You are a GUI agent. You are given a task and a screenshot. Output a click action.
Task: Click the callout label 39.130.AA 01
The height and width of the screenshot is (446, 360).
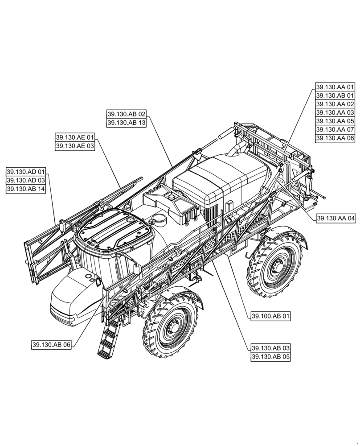coord(335,87)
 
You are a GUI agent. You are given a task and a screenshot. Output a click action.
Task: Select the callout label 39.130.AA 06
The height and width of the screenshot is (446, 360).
coord(335,138)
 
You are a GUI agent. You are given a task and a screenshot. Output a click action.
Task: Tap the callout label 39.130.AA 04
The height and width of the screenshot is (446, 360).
coord(336,219)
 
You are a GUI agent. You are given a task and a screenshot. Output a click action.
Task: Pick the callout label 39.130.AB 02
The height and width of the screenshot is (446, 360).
coord(127,114)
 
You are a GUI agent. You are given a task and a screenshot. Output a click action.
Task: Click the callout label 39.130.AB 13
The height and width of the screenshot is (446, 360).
coord(127,123)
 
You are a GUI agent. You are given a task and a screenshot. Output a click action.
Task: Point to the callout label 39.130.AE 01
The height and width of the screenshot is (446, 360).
coord(75,137)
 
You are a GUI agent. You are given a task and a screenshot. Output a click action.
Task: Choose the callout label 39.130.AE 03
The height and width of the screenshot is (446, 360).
coord(75,146)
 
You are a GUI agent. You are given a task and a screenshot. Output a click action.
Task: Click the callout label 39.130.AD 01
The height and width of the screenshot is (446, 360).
coord(26,172)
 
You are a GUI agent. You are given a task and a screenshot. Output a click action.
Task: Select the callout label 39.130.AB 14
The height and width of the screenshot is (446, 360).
coord(26,189)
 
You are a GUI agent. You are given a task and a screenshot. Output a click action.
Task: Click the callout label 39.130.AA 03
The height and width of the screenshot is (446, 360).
coord(335,113)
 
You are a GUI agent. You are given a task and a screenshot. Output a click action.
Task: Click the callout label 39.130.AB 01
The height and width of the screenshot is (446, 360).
coord(335,96)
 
